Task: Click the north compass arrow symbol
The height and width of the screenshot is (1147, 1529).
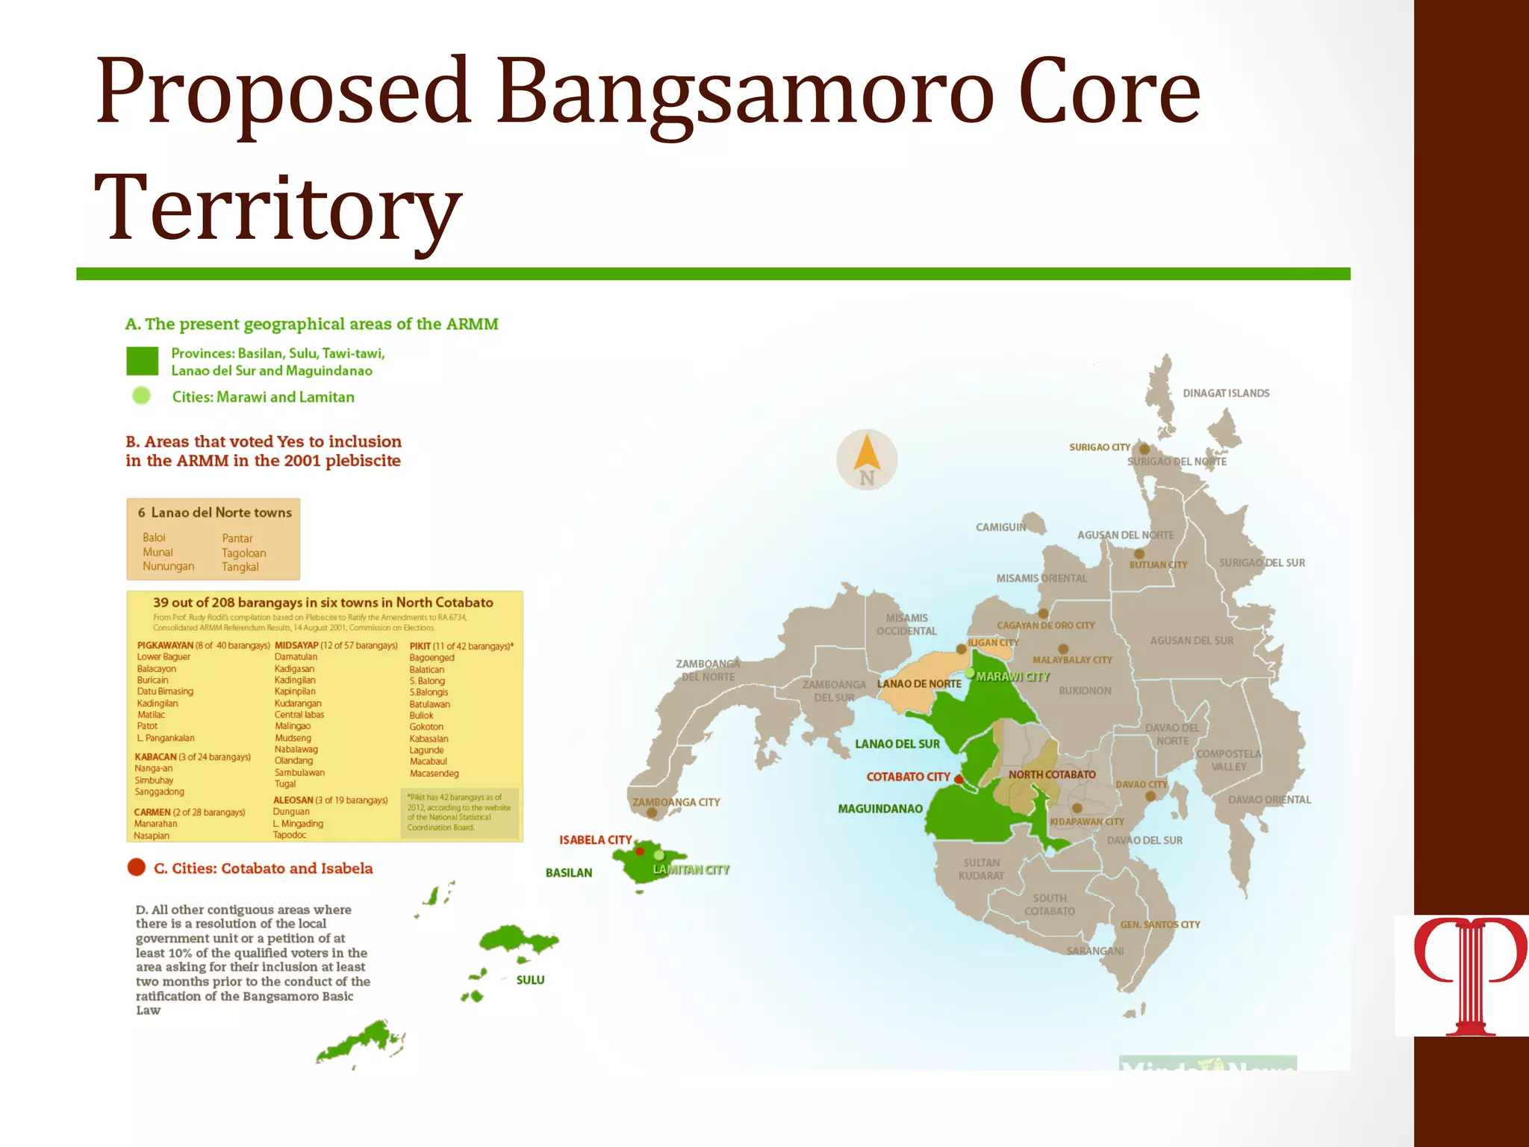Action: [866, 453]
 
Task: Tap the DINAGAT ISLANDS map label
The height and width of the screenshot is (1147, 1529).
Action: [1225, 394]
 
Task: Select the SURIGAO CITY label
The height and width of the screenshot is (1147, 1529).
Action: [1099, 447]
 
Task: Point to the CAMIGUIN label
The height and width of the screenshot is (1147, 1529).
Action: [1000, 527]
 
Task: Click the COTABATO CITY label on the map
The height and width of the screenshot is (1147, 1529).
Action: [907, 777]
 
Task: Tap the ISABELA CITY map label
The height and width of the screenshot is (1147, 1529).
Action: [595, 840]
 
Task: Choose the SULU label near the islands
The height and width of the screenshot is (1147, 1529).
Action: [530, 980]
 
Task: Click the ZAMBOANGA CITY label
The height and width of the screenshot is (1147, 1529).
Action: [676, 802]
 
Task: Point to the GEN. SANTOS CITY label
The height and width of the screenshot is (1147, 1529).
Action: [1159, 924]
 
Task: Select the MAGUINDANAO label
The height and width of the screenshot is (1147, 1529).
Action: [879, 809]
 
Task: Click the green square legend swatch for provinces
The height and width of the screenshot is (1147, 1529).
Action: [142, 361]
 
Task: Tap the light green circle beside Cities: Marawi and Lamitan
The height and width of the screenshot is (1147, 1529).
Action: [141, 396]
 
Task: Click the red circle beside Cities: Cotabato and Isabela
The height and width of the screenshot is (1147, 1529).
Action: [137, 867]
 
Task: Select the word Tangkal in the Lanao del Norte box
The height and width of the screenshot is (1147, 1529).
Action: [240, 567]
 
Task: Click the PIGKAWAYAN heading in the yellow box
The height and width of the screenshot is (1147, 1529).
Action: [165, 645]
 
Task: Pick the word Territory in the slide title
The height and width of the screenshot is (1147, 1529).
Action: [278, 207]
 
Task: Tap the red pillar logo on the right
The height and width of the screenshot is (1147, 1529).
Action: [1469, 975]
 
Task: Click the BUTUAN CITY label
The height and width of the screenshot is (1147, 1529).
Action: [1157, 565]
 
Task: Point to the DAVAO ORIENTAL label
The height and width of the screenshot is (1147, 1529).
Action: [1269, 800]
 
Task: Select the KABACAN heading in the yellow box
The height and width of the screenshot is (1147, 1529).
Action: [155, 756]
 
